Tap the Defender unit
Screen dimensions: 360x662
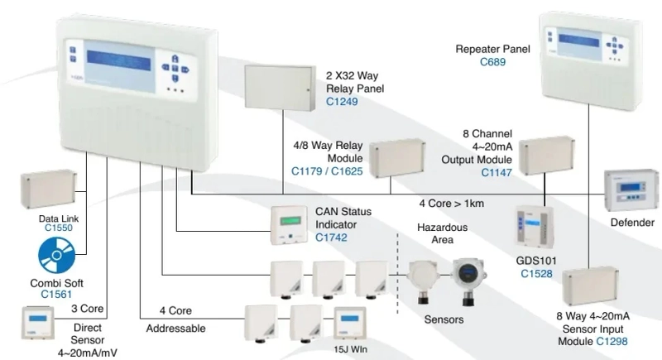click(631, 190)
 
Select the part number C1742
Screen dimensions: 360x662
click(331, 238)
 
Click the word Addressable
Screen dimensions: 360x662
click(175, 329)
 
